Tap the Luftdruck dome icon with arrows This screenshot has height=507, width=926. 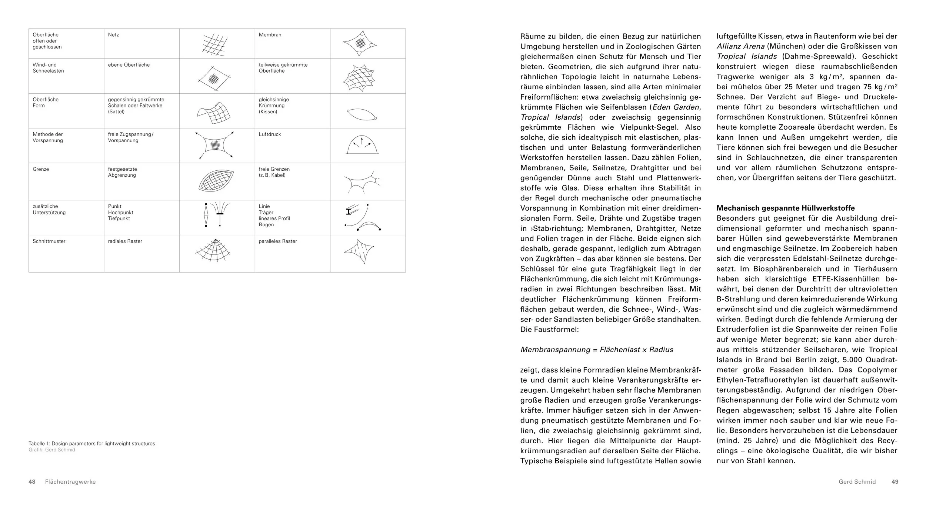pyautogui.click(x=362, y=145)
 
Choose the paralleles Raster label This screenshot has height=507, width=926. pyautogui.click(x=278, y=241)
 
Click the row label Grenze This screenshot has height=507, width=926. pyautogui.click(x=41, y=169)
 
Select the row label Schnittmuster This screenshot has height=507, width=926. pyautogui.click(x=49, y=241)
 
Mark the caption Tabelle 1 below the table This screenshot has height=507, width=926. pyautogui.click(x=91, y=443)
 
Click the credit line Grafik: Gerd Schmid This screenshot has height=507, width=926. pyautogui.click(x=52, y=450)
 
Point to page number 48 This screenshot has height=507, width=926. pyautogui.click(x=32, y=482)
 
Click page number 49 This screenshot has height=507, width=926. pyautogui.click(x=895, y=482)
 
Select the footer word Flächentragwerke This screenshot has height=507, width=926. pyautogui.click(x=70, y=482)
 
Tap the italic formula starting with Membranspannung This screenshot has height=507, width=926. pyautogui.click(x=597, y=350)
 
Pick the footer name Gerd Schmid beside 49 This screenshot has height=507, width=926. pyautogui.click(x=857, y=482)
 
